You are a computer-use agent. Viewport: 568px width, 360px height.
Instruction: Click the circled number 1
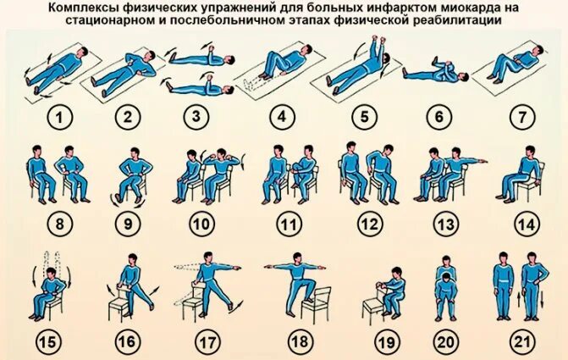click(60, 118)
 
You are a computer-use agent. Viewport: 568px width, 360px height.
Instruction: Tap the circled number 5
click(365, 117)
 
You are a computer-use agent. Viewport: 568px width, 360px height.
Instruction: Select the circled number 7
click(522, 117)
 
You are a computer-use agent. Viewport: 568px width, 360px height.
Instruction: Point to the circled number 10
click(201, 224)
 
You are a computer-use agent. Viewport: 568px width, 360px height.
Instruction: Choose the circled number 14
click(527, 224)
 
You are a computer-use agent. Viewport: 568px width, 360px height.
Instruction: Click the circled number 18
click(301, 341)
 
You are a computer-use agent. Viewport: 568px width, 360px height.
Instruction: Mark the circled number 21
click(522, 341)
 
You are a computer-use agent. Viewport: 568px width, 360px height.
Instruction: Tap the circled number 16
click(127, 341)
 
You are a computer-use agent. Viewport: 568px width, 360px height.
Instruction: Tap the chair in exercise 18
click(317, 304)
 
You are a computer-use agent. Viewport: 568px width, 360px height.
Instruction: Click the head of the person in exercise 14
click(530, 151)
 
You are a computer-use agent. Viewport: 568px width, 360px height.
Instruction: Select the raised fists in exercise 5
click(378, 38)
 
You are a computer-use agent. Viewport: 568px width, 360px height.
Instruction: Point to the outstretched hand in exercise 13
click(483, 160)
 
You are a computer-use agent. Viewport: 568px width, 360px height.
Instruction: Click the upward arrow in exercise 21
click(517, 301)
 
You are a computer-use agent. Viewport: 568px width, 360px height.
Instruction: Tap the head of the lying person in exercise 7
click(538, 50)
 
